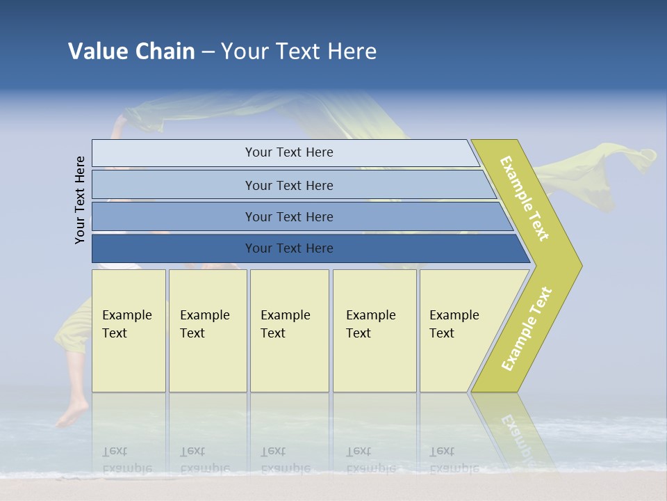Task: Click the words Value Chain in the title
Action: click(131, 51)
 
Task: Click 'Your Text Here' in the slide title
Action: click(299, 51)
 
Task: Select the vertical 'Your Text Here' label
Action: click(81, 200)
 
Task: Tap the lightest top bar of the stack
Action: click(288, 152)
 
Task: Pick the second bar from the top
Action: click(288, 185)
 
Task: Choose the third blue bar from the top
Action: click(288, 216)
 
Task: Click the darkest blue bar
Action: click(288, 248)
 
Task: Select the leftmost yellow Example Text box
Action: click(129, 330)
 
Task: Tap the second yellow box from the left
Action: click(207, 330)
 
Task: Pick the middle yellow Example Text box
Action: click(289, 330)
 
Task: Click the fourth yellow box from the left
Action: click(374, 330)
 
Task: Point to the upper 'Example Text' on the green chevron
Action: click(525, 198)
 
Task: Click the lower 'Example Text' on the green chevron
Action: click(527, 328)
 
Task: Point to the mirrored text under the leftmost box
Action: click(126, 459)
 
